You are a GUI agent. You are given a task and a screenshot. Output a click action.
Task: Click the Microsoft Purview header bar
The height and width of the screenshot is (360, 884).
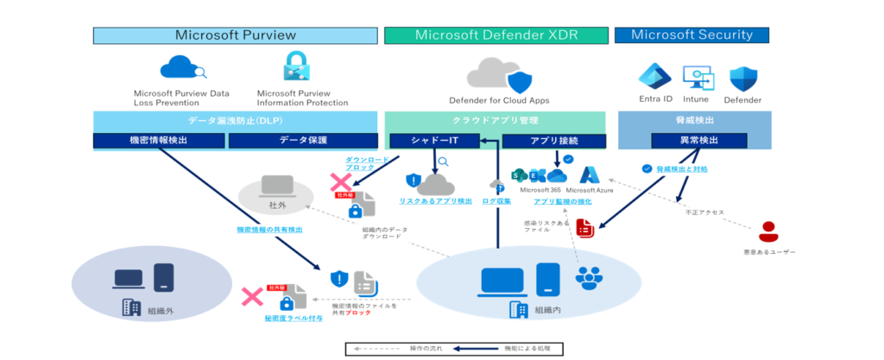236,35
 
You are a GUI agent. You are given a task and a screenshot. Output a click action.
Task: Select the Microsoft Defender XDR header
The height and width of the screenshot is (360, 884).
495,35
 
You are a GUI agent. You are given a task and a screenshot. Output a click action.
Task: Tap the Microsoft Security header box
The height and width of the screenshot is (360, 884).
691,35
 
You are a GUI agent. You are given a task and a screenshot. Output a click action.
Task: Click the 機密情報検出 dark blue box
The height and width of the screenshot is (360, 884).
160,141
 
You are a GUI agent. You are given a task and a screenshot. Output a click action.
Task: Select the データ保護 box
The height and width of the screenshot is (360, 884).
303,141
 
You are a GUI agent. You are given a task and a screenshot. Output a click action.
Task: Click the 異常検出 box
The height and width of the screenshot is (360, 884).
691,141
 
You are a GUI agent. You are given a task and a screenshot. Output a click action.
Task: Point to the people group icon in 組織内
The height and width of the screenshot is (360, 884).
590,277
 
